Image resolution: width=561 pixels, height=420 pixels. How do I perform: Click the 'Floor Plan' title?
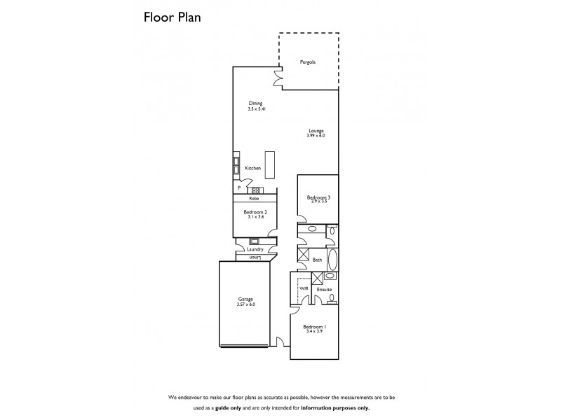[173, 17]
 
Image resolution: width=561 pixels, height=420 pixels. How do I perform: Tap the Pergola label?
[308, 62]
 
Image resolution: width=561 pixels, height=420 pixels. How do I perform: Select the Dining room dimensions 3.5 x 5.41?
[255, 109]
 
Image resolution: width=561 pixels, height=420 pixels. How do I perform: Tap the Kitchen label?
[252, 169]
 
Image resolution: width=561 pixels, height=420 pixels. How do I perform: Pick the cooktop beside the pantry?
[255, 190]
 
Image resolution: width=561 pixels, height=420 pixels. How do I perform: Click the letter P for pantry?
[239, 188]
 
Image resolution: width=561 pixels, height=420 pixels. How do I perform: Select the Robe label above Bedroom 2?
[254, 198]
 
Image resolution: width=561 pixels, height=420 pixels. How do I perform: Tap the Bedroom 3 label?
[318, 197]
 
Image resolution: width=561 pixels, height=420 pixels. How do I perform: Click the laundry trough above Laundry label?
[255, 241]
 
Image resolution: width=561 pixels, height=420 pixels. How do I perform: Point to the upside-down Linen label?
[255, 257]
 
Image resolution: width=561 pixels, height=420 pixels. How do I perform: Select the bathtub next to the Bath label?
[333, 259]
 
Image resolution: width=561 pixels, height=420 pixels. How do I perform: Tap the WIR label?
[304, 288]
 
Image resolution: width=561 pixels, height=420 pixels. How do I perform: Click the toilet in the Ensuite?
[332, 300]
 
